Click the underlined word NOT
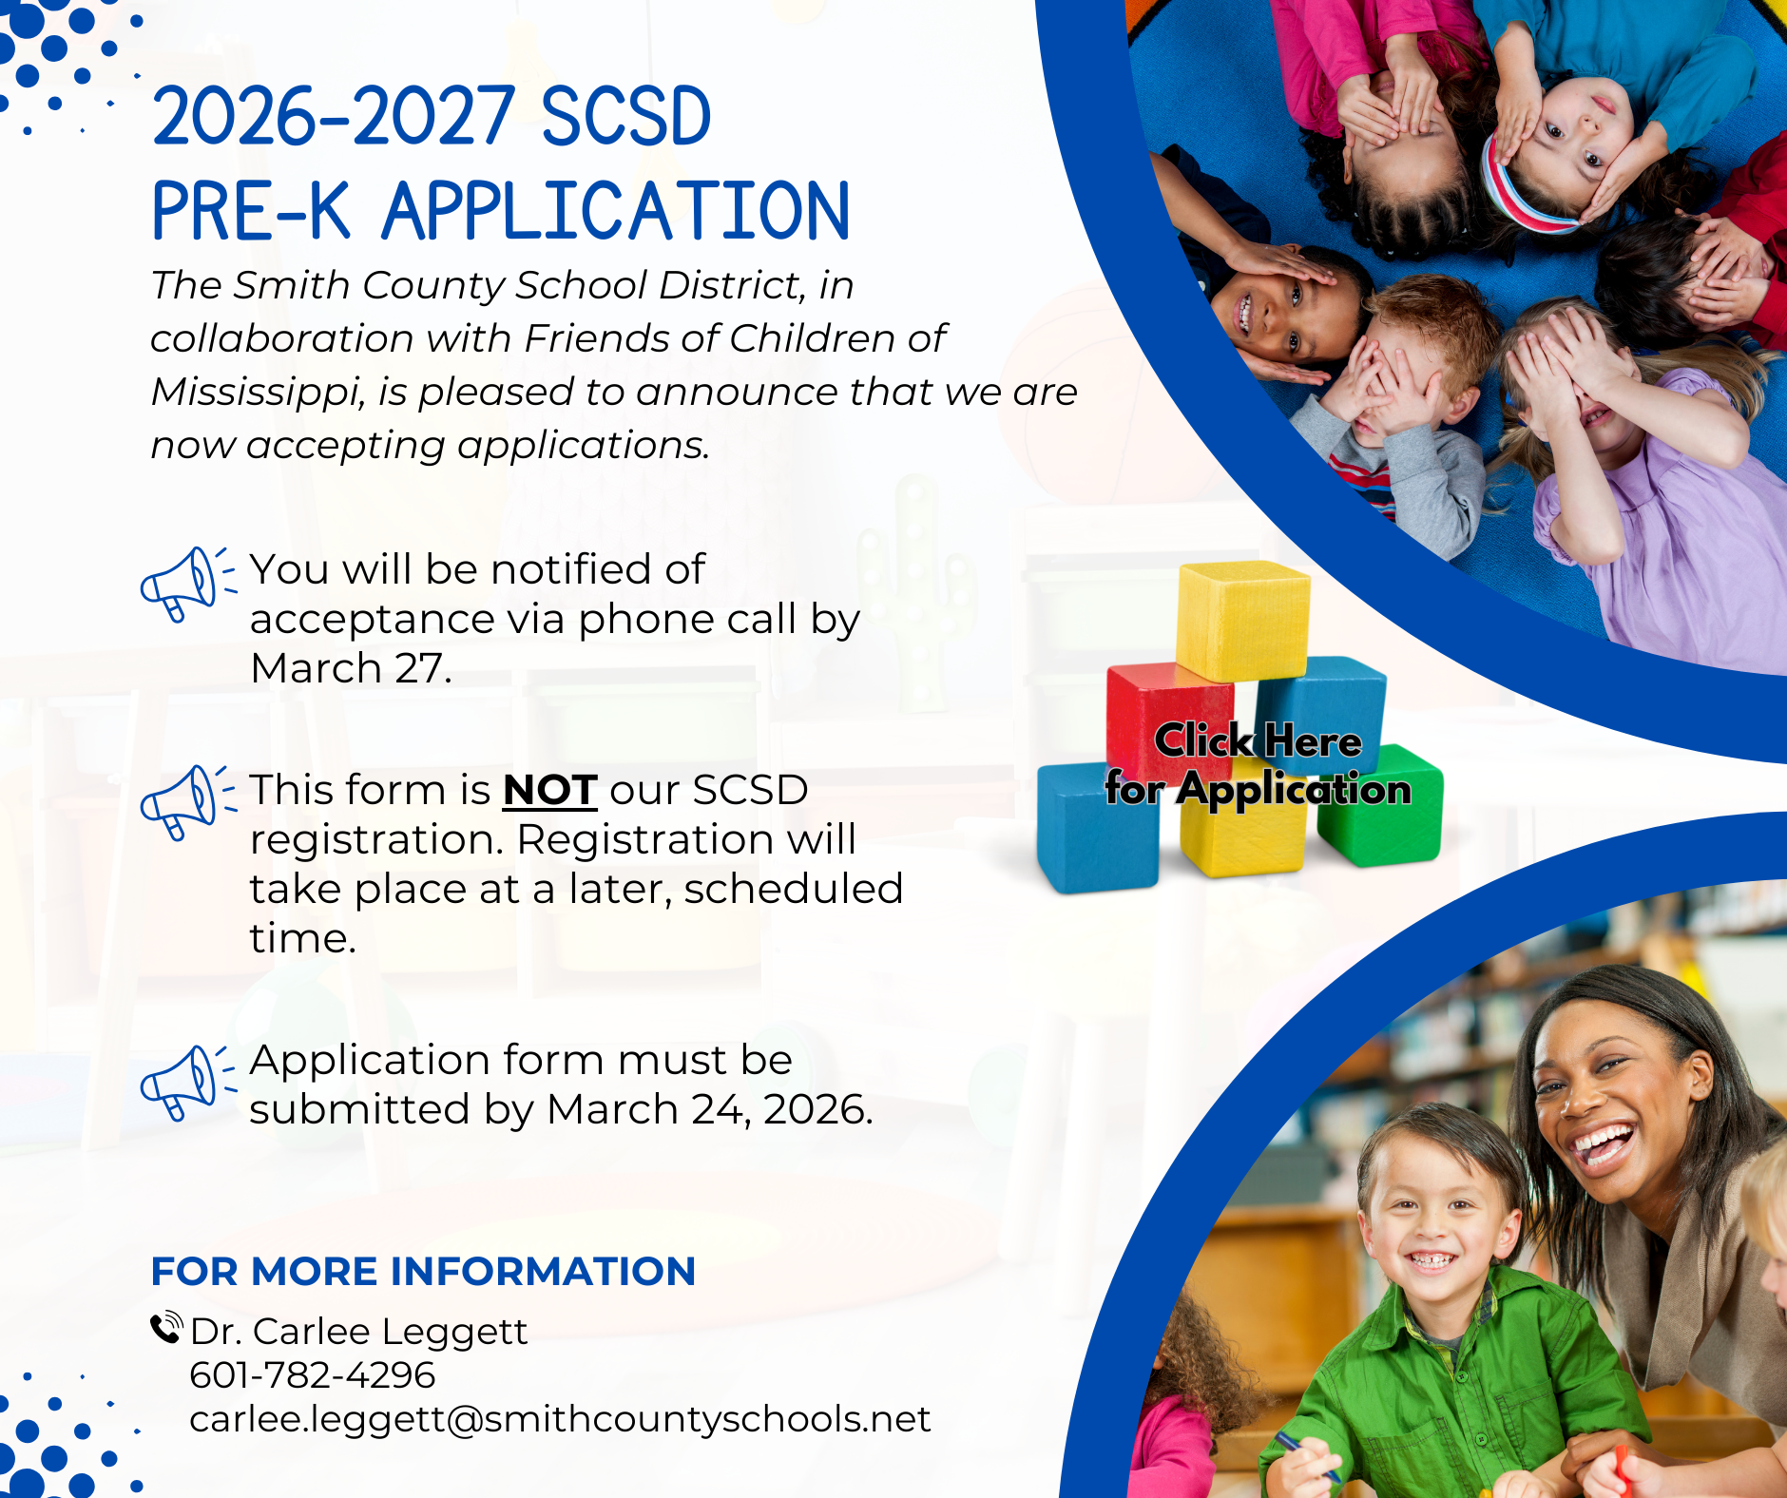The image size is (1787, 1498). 549,790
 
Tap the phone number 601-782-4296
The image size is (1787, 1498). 313,1374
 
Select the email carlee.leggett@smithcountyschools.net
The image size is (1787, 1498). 560,1419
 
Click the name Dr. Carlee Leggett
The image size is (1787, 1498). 358,1332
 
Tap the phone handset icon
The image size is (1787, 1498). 166,1327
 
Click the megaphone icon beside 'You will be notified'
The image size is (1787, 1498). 187,584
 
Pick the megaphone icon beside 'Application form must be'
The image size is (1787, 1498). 187,1083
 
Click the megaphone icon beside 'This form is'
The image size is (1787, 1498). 187,802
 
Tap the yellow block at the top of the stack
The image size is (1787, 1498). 1242,620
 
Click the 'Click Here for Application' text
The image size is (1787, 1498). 1258,765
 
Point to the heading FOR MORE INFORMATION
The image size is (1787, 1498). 423,1271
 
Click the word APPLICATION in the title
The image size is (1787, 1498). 616,211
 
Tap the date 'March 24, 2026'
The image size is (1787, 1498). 708,1109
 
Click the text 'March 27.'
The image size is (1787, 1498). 351,668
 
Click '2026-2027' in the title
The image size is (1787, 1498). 334,116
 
